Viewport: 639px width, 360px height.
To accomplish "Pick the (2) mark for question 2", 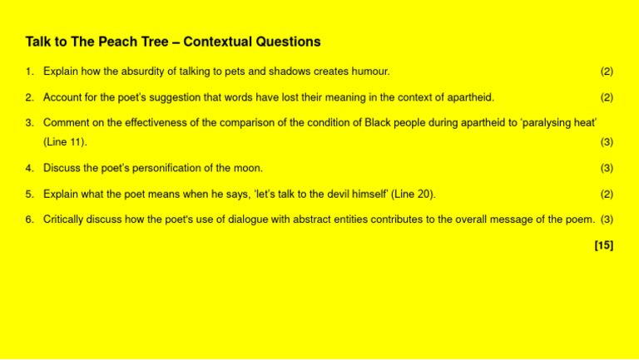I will click(x=607, y=97).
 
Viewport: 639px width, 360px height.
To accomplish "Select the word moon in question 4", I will click(x=249, y=168).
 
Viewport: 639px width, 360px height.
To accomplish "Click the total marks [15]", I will click(x=604, y=245).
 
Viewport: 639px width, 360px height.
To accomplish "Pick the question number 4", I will click(x=28, y=168).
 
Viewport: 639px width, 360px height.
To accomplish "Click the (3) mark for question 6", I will click(x=607, y=219).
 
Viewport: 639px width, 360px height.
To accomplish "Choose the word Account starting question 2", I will click(x=63, y=97).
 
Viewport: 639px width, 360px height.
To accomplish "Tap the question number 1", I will click(x=28, y=72).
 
